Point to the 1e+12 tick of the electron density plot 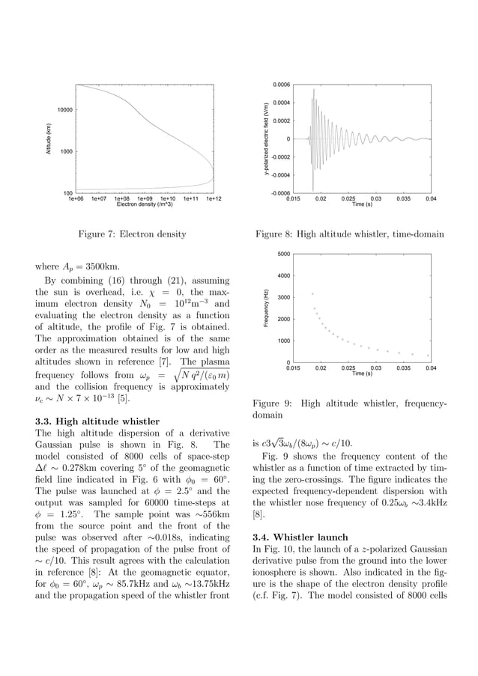pyautogui.click(x=214, y=199)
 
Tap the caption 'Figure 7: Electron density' pyautogui.click(x=132, y=235)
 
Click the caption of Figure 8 pyautogui.click(x=349, y=235)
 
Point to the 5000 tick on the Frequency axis pyautogui.click(x=283, y=254)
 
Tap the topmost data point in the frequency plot pyautogui.click(x=312, y=293)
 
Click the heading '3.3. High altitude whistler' pyautogui.click(x=97, y=421)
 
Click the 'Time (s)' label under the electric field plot pyautogui.click(x=363, y=204)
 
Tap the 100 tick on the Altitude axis pyautogui.click(x=67, y=193)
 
